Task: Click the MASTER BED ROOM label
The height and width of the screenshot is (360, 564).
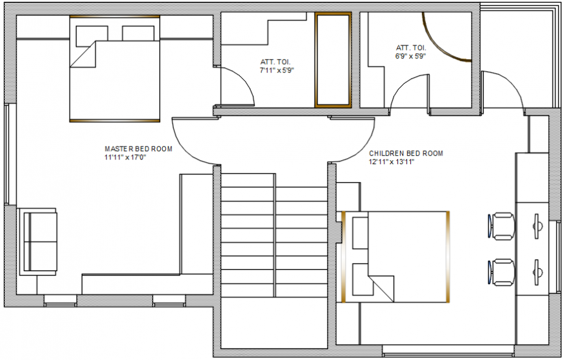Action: pyautogui.click(x=139, y=149)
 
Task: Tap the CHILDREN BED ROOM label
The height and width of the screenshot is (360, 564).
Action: pyautogui.click(x=406, y=153)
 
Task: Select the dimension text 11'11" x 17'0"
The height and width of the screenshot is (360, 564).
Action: pyautogui.click(x=125, y=157)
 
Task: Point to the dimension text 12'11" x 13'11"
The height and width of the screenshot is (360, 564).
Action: pyautogui.click(x=392, y=162)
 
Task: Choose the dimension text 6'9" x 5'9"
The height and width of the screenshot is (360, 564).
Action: pyautogui.click(x=410, y=56)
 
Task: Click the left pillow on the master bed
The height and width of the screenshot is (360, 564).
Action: pyautogui.click(x=91, y=33)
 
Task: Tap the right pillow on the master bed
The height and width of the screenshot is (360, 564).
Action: pyautogui.click(x=139, y=33)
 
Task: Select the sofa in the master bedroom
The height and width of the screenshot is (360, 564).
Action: pyautogui.click(x=38, y=241)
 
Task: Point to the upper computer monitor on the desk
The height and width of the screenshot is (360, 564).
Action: pyautogui.click(x=537, y=226)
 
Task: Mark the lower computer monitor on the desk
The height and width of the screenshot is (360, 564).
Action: pyautogui.click(x=537, y=272)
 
